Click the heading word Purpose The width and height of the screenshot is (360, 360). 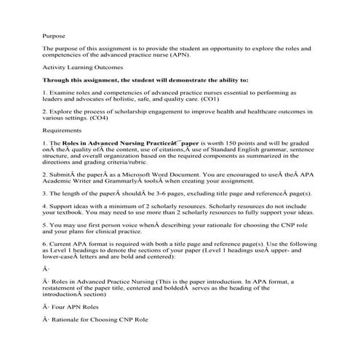pos(54,34)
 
